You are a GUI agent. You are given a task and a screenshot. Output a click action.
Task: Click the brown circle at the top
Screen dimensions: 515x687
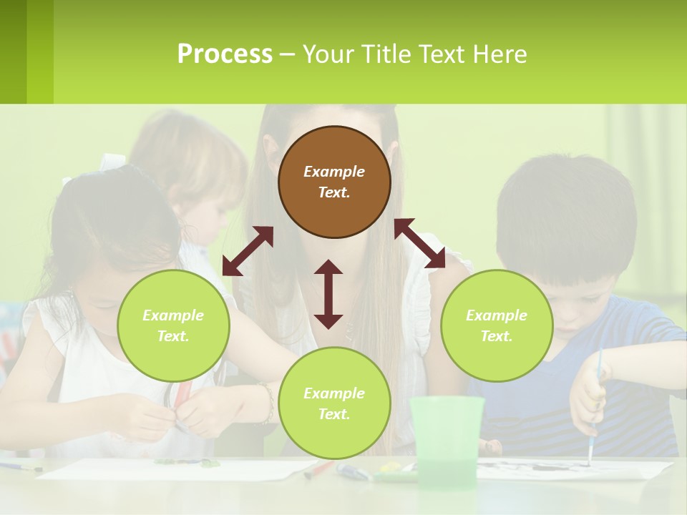pos(334,182)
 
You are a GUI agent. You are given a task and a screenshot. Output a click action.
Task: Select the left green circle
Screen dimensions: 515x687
pos(173,325)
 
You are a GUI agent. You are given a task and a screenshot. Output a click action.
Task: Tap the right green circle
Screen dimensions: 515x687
pos(497,325)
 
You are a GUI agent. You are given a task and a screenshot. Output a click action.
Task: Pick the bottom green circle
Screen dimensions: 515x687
pos(334,403)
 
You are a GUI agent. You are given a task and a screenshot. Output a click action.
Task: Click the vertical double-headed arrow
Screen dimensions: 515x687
pos(328,294)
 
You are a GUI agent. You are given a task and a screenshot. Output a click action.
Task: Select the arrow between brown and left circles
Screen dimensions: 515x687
pos(248,251)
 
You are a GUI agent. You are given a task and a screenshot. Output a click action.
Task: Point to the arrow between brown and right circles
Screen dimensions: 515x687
pos(419,243)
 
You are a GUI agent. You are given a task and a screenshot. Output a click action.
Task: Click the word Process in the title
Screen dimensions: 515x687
pos(225,54)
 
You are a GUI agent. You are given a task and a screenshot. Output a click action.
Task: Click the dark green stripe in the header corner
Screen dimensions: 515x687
pos(13,51)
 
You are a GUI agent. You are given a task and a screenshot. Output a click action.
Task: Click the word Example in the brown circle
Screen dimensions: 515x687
pos(334,172)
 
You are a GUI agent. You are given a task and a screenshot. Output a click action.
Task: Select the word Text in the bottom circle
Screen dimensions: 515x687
pos(333,414)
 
